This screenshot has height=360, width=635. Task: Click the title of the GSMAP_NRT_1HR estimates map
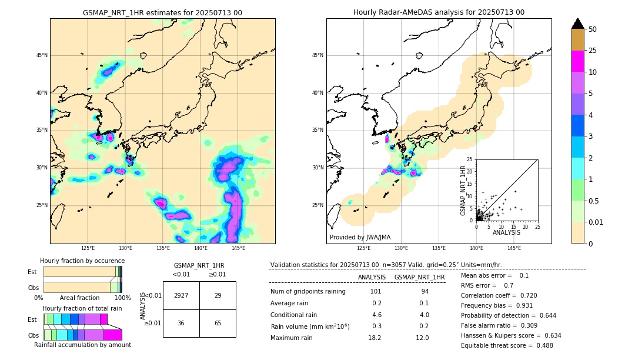pos(162,12)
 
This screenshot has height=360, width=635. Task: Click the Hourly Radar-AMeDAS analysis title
pos(439,12)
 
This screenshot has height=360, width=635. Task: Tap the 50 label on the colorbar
pos(593,29)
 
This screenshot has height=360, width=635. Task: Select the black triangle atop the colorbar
pos(578,24)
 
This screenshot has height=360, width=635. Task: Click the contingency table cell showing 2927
pos(181,295)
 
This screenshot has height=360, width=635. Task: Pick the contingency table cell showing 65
pos(218,323)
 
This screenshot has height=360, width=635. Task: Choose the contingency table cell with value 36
pos(181,323)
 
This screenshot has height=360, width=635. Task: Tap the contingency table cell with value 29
pos(218,295)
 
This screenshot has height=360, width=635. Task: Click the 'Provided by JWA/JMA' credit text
pos(360,237)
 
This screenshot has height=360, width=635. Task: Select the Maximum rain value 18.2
pos(375,338)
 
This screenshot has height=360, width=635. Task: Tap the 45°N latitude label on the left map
pos(41,55)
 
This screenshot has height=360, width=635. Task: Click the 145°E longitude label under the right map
pos(514,248)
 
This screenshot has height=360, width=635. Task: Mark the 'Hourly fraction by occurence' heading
pos(82,261)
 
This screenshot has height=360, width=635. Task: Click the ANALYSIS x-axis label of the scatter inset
pos(506,232)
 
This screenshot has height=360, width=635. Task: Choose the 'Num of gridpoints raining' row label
pos(308,291)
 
